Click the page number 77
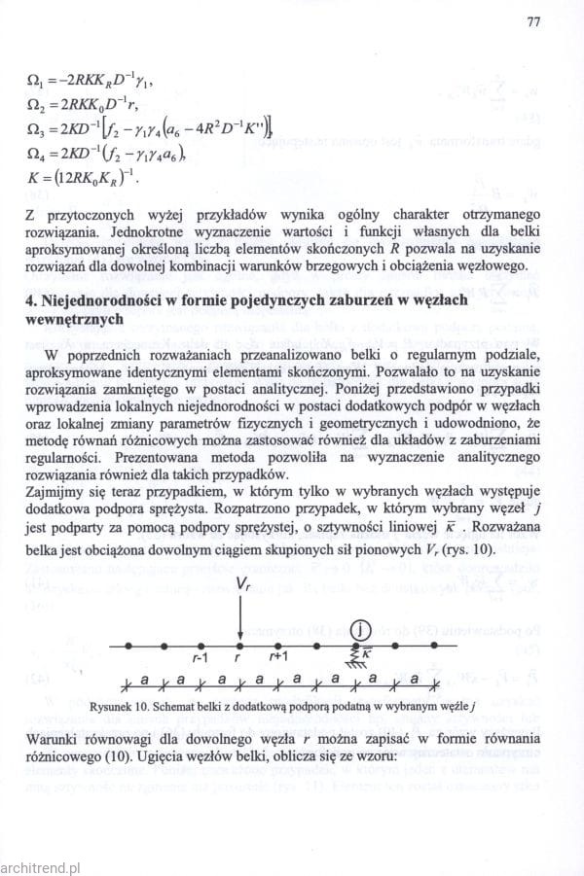[532, 21]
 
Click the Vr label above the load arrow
[242, 586]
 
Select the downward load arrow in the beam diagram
[240, 617]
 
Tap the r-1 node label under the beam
[201, 658]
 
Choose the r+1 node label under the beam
[279, 658]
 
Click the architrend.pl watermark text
[42, 862]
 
